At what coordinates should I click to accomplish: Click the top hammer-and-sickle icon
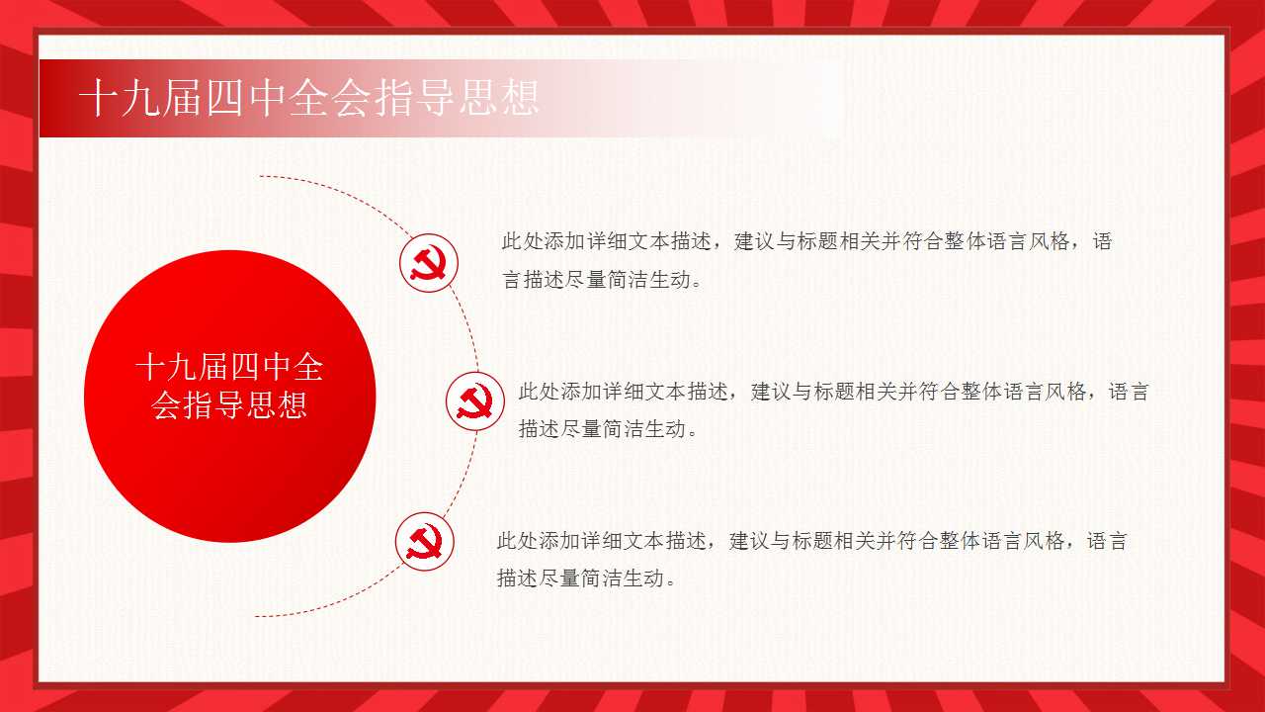point(429,263)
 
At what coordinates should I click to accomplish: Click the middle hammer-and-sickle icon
point(475,401)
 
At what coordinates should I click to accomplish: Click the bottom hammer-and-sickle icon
point(424,541)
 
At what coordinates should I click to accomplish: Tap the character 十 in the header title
point(100,98)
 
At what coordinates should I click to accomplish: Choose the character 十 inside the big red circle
point(151,367)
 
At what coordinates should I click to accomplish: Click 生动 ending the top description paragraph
point(670,279)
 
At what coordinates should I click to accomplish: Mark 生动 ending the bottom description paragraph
point(644,578)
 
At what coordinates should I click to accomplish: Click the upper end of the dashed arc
point(260,176)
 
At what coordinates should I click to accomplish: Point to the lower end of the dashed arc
point(256,616)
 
